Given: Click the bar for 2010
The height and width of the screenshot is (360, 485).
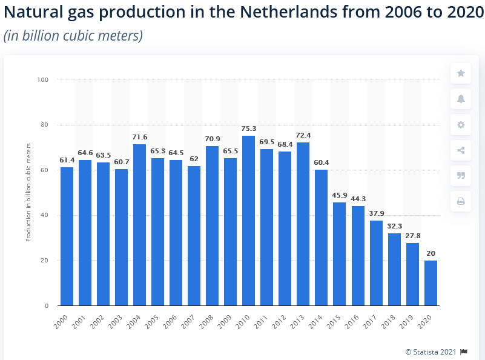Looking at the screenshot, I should tap(248, 221).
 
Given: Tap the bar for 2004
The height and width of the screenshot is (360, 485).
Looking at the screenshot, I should tap(139, 225).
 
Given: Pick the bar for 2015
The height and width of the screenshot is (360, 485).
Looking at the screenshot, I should tap(339, 254).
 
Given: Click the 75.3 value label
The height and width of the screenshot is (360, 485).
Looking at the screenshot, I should tap(248, 129).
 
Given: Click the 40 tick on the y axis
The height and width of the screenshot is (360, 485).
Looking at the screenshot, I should tap(45, 215).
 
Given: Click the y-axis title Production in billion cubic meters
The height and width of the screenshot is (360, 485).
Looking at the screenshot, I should tap(28, 193).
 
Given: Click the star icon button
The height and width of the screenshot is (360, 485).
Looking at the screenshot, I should tap(461, 73).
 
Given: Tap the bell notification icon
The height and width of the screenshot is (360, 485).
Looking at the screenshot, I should tap(461, 99).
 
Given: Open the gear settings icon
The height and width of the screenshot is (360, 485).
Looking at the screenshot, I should tap(461, 125).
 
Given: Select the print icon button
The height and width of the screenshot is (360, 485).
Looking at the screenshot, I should tap(461, 201).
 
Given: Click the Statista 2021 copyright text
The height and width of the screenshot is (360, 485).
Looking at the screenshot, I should tap(432, 352).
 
